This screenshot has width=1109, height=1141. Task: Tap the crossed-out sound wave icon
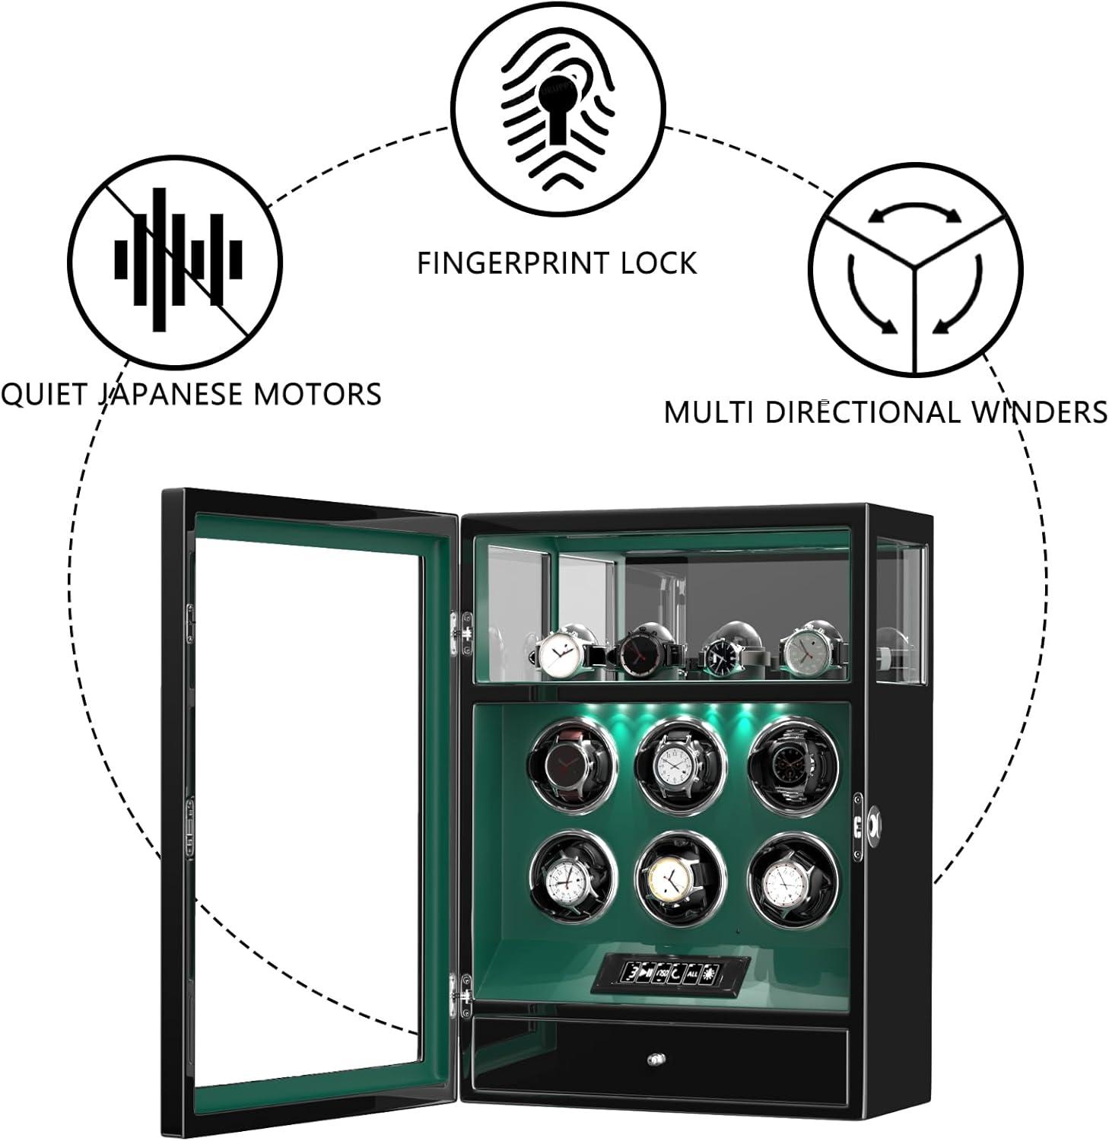176,259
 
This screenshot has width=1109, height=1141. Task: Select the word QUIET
45,394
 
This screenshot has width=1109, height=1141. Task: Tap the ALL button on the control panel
693,973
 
